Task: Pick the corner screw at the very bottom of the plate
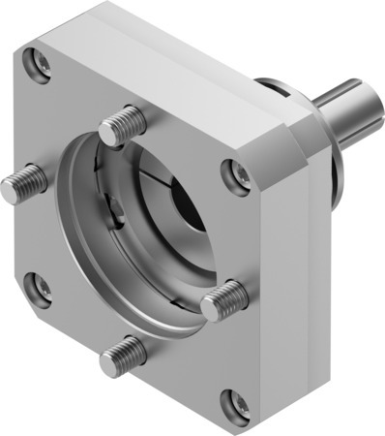229,400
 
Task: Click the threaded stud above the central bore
124,123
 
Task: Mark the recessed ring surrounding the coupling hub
106,242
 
